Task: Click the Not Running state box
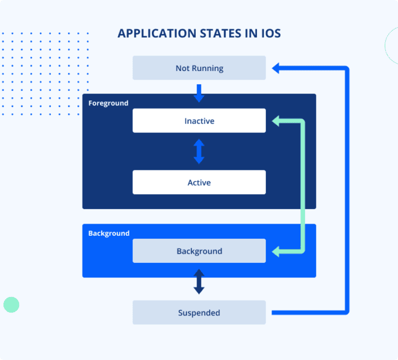point(199,68)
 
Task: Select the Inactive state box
point(199,121)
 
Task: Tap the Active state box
point(199,183)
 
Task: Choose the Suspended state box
point(199,313)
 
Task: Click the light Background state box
point(199,251)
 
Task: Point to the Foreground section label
point(108,103)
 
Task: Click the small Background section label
point(109,233)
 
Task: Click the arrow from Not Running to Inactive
point(199,92)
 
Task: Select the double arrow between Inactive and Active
point(199,151)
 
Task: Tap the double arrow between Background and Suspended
point(199,281)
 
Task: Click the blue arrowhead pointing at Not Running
point(276,68)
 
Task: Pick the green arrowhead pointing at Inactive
point(276,121)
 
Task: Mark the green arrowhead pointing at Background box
point(276,251)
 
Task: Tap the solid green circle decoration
point(12,305)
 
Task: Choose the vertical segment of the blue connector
point(347,191)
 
